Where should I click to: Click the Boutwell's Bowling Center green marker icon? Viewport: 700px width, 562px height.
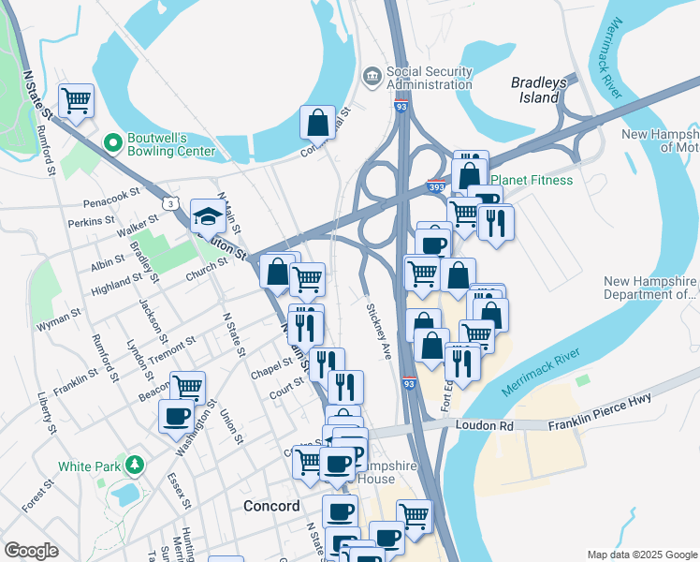pos(113,142)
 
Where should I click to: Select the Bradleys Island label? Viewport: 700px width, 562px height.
pos(539,90)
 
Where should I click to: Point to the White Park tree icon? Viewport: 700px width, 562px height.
pos(136,465)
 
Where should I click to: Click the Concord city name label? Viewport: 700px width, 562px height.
pos(270,506)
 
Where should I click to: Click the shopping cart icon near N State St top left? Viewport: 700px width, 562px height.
pos(75,99)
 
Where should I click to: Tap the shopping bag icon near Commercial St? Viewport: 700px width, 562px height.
pos(318,122)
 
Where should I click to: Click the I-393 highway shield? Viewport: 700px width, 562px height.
pos(436,186)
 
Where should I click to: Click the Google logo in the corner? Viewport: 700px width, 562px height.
pos(31,551)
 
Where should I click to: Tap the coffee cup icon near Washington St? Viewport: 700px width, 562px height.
pos(176,417)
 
